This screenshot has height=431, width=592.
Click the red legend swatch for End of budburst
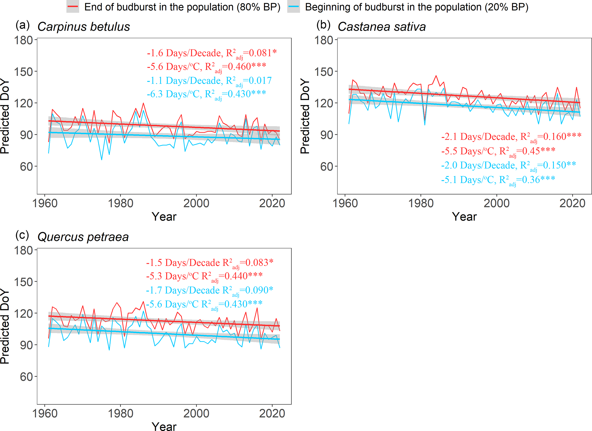(72, 7)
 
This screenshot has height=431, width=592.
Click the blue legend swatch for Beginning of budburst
(294, 7)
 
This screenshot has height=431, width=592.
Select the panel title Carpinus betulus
(84, 27)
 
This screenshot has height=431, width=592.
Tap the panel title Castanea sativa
(381, 27)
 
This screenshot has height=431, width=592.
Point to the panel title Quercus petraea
(83, 237)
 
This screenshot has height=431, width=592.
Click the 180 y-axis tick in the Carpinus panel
(24, 40)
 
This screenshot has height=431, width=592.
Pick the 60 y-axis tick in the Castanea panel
(327, 166)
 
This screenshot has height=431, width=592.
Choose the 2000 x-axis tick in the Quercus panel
(196, 414)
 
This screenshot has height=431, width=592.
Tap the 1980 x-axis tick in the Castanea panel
(421, 203)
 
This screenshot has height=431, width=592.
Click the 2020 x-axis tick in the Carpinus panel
(272, 203)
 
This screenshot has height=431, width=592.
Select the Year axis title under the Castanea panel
(464, 217)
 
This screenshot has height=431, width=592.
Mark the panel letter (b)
(323, 26)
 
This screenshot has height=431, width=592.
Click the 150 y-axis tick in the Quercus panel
(24, 282)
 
